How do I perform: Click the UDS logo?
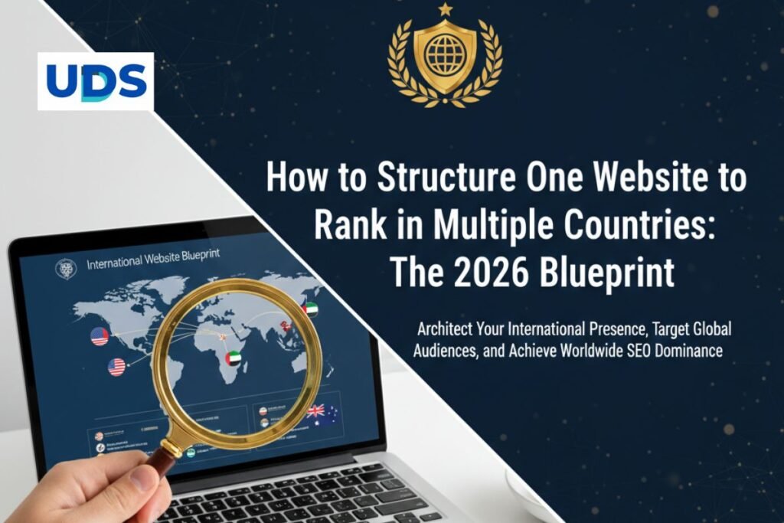(x=96, y=81)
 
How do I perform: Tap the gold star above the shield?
(x=445, y=10)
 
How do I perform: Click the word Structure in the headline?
(x=444, y=178)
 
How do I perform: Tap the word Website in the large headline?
(x=641, y=178)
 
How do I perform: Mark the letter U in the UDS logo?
(x=60, y=81)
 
